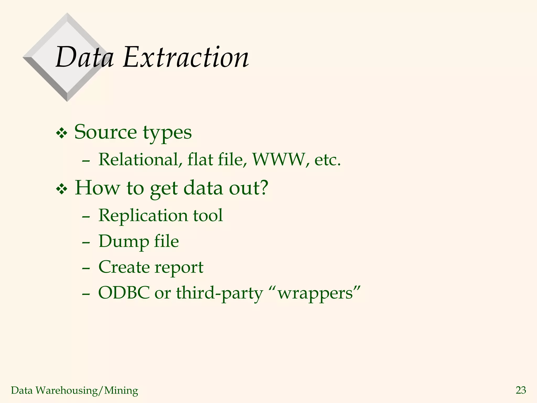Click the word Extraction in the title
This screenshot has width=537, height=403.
[x=186, y=57]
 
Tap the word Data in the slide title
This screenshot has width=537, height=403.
[x=85, y=57]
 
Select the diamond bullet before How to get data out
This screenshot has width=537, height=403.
[x=62, y=189]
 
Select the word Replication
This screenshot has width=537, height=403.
[x=143, y=215]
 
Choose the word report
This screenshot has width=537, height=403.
[x=179, y=268]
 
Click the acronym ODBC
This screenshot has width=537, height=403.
[x=123, y=293]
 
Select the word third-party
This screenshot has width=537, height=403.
[x=219, y=293]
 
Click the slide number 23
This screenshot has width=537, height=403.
[x=521, y=390]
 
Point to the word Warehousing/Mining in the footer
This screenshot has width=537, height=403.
[x=87, y=390]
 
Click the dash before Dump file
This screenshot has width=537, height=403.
[x=86, y=243]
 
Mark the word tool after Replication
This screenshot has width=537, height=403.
[x=208, y=215]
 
